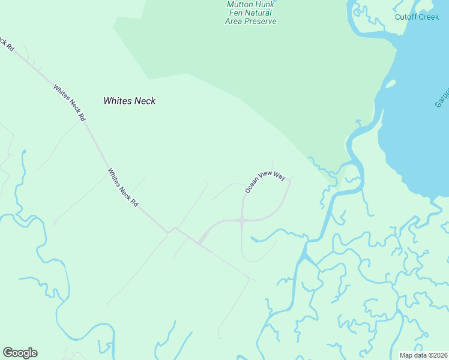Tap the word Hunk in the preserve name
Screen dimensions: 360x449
pyautogui.click(x=265, y=5)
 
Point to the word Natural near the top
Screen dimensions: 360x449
pyautogui.click(x=257, y=13)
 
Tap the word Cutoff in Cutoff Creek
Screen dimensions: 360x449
pyautogui.click(x=407, y=17)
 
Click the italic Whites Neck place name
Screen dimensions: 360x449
pyautogui.click(x=129, y=101)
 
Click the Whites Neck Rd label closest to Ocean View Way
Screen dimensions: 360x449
pyautogui.click(x=123, y=188)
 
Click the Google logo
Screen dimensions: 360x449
pyautogui.click(x=20, y=353)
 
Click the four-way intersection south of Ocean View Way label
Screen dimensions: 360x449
pyautogui.click(x=241, y=221)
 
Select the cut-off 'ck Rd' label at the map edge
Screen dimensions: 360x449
pyautogui.click(x=7, y=43)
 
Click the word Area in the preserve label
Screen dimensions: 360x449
pyautogui.click(x=237, y=22)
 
